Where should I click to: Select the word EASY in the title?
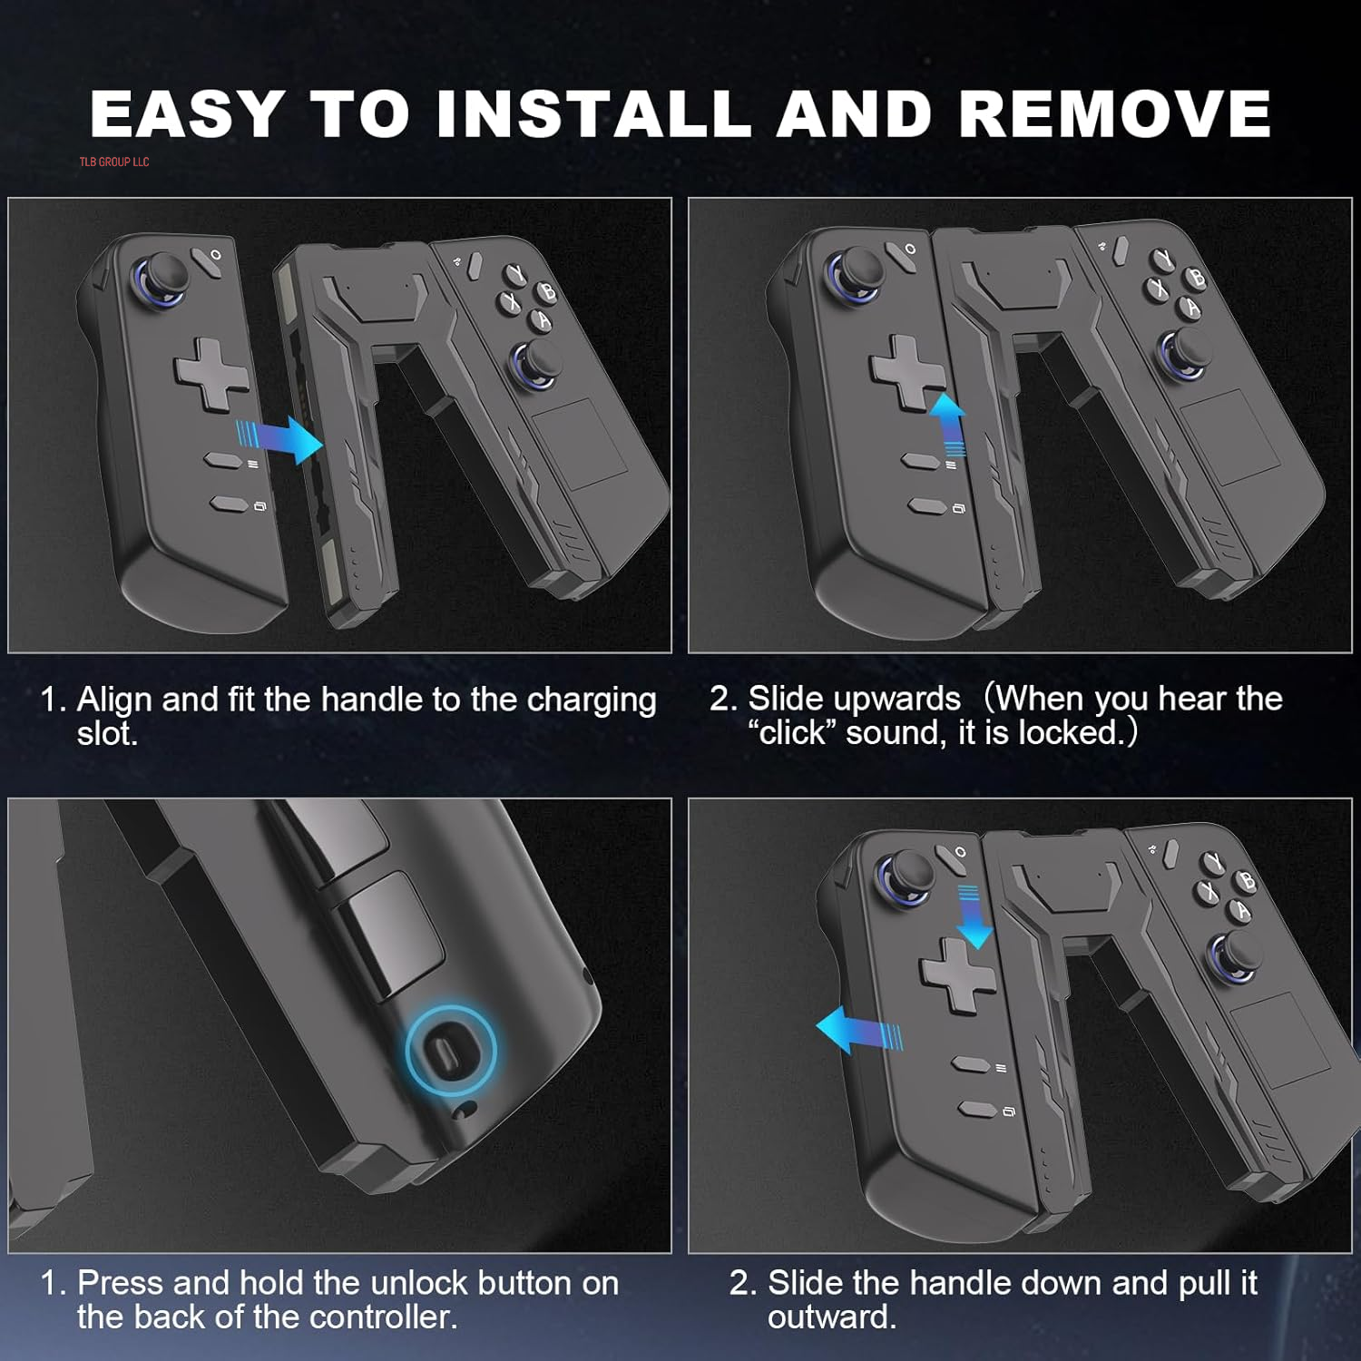(187, 114)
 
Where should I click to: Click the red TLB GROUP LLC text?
(114, 162)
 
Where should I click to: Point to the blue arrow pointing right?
(280, 440)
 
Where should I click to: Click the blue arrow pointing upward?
(949, 423)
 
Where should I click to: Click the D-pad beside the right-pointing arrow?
(211, 371)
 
